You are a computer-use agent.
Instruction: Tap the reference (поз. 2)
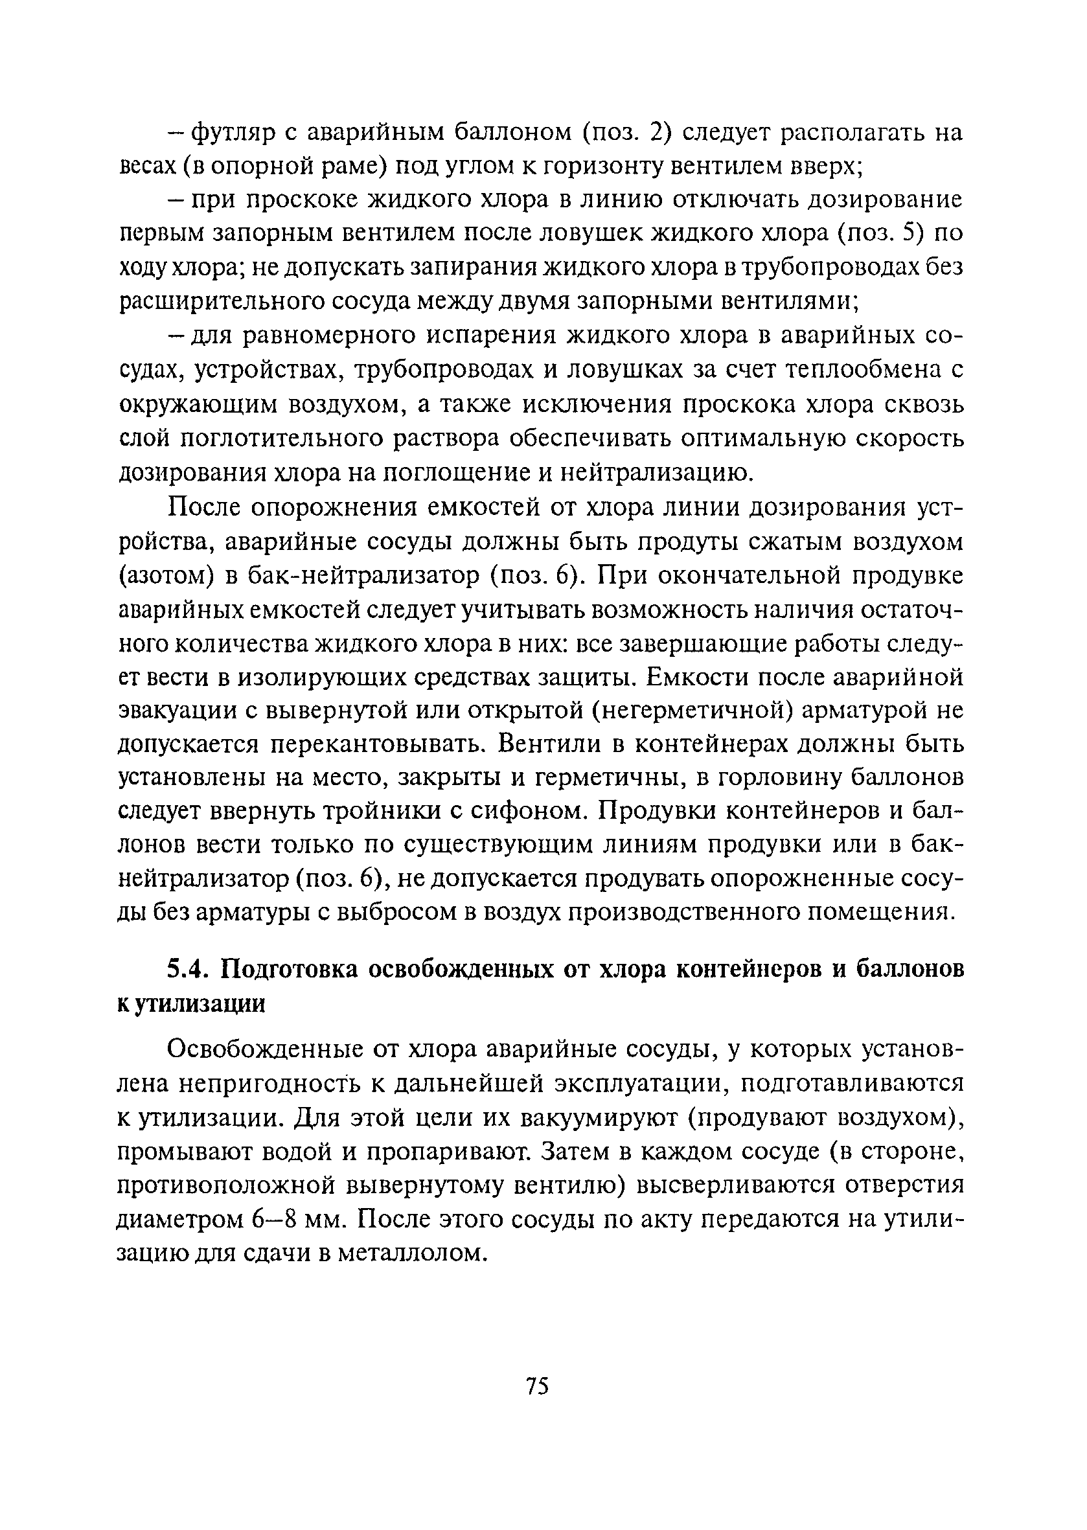(x=625, y=133)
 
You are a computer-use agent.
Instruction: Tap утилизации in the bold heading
(x=201, y=1003)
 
